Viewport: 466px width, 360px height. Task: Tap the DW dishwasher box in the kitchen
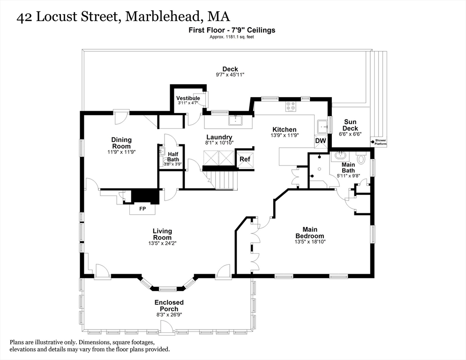321,141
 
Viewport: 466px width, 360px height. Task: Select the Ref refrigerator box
245,159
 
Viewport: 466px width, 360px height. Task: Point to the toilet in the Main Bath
361,159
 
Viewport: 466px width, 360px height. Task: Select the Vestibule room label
188,98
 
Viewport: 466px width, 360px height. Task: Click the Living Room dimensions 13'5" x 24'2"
162,243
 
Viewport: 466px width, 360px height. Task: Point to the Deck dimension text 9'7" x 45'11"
230,75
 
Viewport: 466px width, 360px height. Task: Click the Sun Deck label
350,125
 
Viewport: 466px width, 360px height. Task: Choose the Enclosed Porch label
169,306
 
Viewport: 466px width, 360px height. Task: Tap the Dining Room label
121,142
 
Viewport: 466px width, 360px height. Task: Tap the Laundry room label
219,137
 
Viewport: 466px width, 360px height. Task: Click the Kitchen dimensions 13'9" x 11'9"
285,135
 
